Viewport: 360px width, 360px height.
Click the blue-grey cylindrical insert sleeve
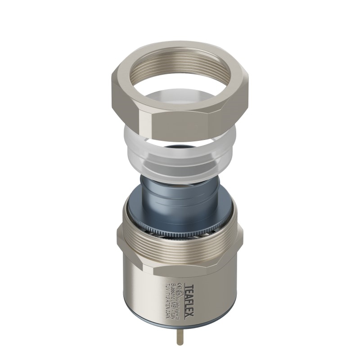pyautogui.click(x=180, y=193)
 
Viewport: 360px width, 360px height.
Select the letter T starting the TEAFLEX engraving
pyautogui.click(x=189, y=284)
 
